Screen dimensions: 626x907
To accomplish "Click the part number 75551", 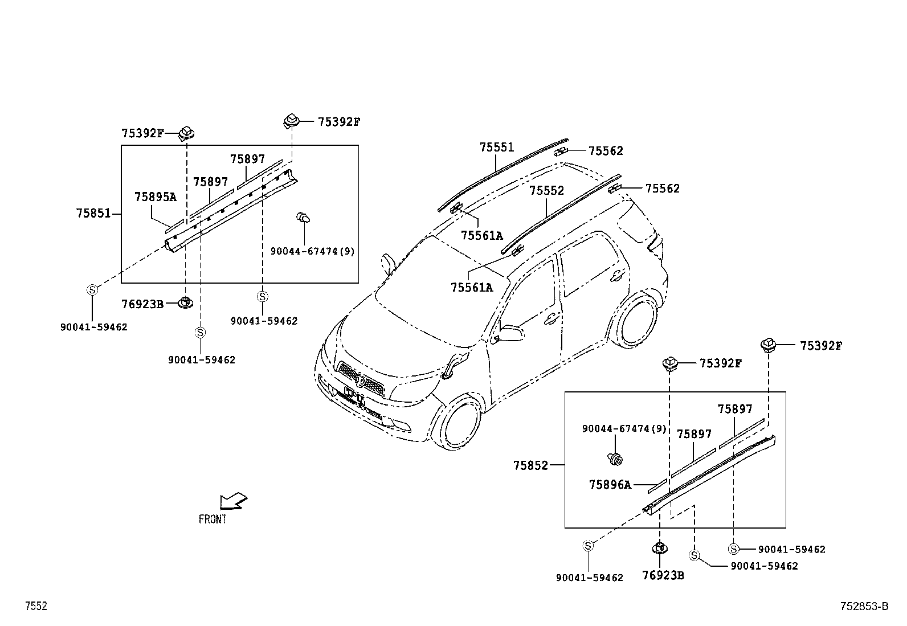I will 496,148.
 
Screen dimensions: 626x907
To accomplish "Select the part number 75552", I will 546,190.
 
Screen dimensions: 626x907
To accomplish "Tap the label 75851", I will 93,214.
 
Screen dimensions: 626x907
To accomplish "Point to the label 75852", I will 530,465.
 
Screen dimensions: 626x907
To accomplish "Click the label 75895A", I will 156,197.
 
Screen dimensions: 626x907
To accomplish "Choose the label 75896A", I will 610,485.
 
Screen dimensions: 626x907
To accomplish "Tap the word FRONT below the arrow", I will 213,519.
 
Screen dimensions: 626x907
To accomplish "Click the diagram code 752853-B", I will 864,607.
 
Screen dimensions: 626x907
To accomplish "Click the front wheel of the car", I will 457,422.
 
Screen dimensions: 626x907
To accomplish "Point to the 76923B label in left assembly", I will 142,305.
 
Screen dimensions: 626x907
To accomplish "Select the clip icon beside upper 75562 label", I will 561,152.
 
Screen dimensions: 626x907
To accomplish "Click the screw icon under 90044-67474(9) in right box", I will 615,457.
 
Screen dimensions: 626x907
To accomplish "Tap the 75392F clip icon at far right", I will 769,345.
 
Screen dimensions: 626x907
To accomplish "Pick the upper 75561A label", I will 481,235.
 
